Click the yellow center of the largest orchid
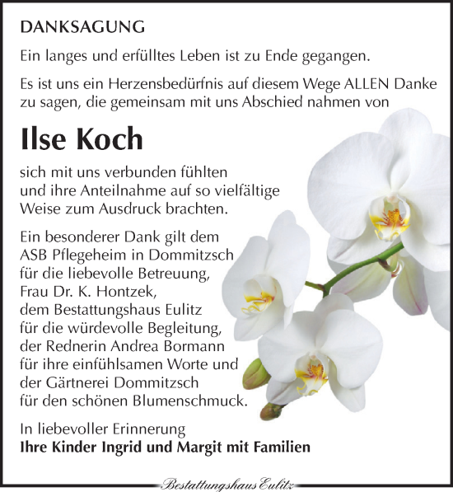390,220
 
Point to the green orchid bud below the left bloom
257,373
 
